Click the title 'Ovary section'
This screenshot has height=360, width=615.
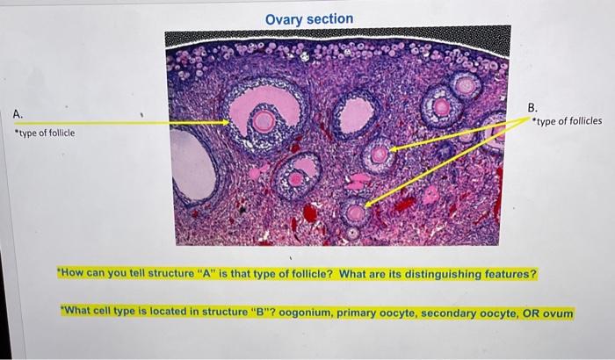308,18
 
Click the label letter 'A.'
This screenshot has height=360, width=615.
18,114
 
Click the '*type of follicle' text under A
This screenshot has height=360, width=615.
44,133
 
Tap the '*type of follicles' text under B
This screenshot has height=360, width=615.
568,121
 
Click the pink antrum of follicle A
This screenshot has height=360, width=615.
255,102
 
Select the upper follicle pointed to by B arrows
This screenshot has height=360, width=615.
379,155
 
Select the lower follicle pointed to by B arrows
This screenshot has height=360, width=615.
355,212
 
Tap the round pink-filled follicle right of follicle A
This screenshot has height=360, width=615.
356,115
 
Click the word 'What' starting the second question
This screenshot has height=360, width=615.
78,313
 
